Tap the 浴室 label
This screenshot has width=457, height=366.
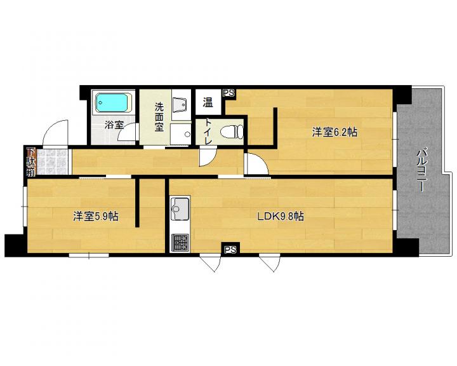(x=114, y=125)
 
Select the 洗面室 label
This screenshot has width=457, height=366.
(x=159, y=117)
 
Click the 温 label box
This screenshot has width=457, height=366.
(x=208, y=102)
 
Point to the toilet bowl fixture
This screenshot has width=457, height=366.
(x=232, y=132)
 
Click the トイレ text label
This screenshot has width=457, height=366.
(x=208, y=132)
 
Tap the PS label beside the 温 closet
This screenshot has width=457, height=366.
(x=228, y=93)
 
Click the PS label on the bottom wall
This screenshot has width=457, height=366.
(x=230, y=250)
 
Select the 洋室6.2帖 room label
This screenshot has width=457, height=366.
(x=334, y=132)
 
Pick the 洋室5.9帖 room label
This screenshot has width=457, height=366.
(x=96, y=216)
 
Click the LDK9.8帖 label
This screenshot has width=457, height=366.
(x=281, y=216)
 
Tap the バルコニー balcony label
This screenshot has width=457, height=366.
(x=420, y=170)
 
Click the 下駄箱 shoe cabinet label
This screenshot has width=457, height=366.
(x=30, y=162)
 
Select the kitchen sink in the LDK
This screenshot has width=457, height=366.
(x=180, y=208)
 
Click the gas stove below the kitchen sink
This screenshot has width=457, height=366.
(x=180, y=243)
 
